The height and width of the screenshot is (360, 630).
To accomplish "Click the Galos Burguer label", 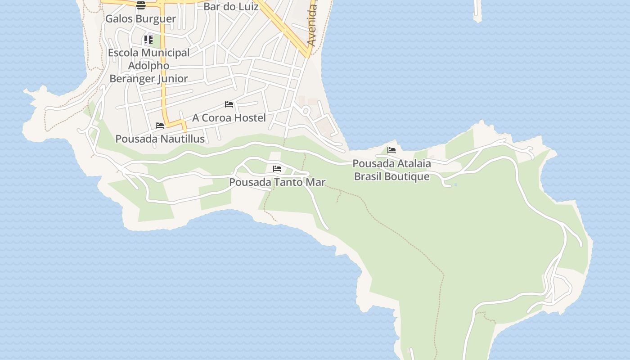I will point(140,19).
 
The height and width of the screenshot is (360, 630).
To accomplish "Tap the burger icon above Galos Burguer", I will point(141,5).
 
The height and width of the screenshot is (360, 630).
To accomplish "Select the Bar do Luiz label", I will point(231,7).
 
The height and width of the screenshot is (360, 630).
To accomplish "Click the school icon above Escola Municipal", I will point(148,40).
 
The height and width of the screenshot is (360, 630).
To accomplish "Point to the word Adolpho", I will point(148,66).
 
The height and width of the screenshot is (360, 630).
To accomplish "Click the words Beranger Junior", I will point(148,78).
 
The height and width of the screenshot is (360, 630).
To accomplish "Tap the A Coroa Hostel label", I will point(229,118).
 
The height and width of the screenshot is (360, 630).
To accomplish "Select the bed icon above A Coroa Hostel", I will point(229,104).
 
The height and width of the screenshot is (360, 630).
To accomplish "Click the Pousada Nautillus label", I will point(160,139).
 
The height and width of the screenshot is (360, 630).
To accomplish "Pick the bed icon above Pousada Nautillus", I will point(160,126).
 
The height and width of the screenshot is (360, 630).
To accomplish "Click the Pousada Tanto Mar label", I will point(277,182).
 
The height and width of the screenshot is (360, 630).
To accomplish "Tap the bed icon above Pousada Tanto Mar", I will point(277,169).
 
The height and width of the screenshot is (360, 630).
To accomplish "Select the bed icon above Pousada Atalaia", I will point(391,150).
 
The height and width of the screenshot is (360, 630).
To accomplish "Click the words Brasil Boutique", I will point(391,176).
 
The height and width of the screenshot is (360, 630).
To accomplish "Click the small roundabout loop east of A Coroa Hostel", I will point(306,110).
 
